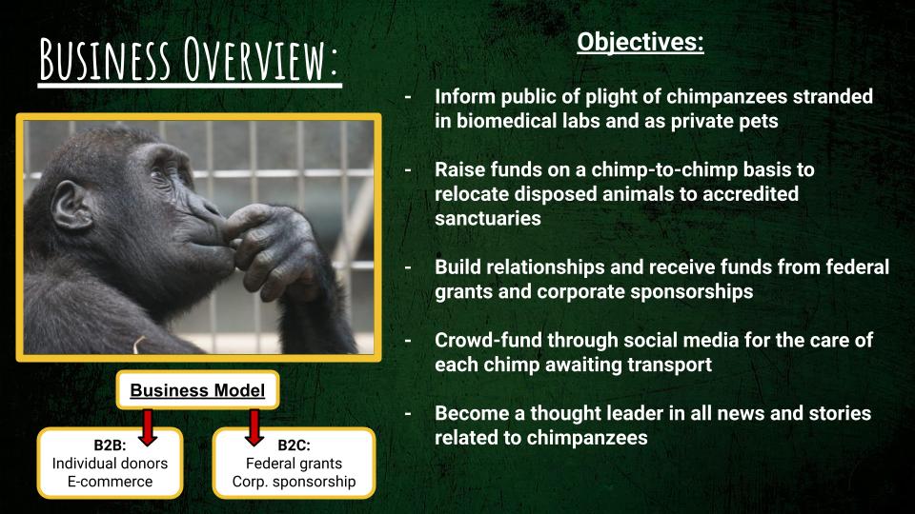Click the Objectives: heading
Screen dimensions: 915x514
click(640, 42)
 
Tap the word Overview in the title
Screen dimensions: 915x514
click(260, 59)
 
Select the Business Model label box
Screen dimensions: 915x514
click(197, 390)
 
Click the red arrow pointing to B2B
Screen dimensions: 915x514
click(148, 427)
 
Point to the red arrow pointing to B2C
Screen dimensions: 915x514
click(254, 427)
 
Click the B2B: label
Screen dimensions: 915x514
click(110, 445)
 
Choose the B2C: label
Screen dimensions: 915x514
click(295, 445)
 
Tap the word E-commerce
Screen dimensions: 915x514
click(110, 482)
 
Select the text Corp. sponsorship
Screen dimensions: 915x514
click(295, 482)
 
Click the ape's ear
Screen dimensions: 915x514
click(71, 206)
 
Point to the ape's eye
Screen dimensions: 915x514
click(159, 174)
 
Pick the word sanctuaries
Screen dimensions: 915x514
click(488, 219)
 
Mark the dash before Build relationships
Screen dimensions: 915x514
click(408, 267)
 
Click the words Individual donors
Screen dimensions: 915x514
click(110, 464)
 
